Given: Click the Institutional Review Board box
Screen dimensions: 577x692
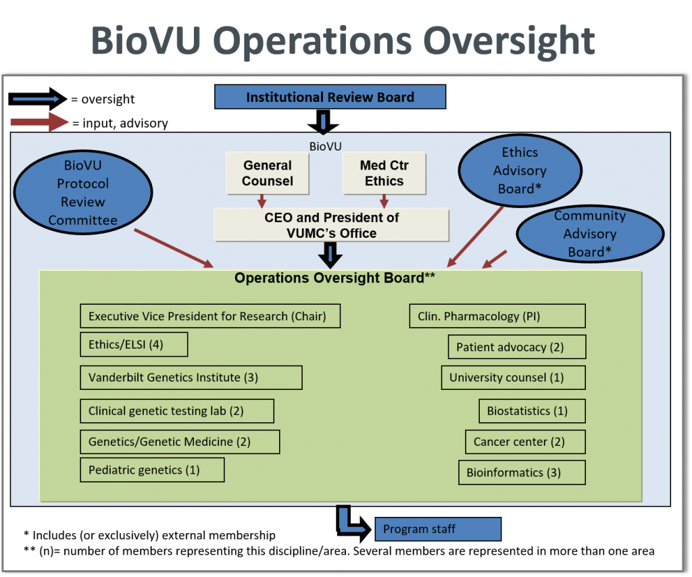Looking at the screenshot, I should click(x=330, y=97).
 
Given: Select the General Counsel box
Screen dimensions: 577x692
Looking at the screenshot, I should click(x=268, y=173).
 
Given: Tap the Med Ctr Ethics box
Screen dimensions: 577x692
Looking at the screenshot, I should click(x=384, y=173).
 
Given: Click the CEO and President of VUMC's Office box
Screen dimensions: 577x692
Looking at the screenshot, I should click(x=331, y=225).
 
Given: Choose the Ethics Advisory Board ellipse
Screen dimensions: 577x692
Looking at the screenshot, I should click(x=519, y=170).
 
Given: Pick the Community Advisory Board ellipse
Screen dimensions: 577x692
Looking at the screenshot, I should click(x=589, y=234).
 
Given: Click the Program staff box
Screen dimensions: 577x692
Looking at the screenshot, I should click(x=438, y=529).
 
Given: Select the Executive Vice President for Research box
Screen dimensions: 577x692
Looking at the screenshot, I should click(x=209, y=316).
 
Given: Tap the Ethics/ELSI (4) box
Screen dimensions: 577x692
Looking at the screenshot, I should click(x=133, y=345).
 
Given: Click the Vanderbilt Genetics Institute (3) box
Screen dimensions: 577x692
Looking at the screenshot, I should click(x=191, y=378).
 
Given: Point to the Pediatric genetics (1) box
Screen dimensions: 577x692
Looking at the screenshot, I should click(x=151, y=470).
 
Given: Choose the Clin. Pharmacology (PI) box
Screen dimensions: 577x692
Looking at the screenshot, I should click(x=497, y=316).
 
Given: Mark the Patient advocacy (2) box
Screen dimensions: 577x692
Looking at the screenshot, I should click(x=516, y=347).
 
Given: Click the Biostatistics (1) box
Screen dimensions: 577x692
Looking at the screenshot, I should click(x=532, y=411).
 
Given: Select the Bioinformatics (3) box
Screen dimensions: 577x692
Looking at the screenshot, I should click(x=522, y=472).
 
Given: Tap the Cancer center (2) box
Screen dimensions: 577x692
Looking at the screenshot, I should click(x=524, y=442).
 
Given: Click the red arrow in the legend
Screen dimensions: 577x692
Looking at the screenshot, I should click(x=39, y=123).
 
